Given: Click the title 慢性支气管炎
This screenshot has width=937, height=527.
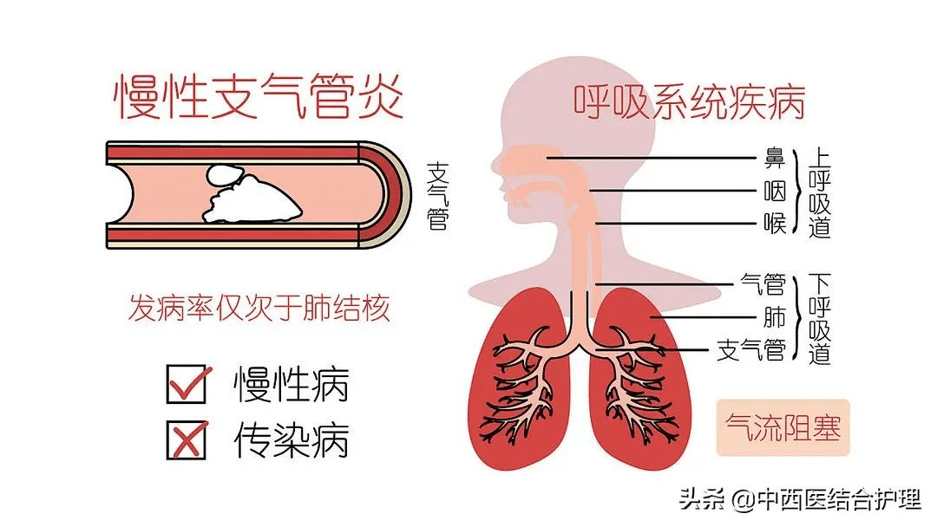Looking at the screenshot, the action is pos(259,97).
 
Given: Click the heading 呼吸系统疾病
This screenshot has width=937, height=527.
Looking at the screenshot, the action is pos(690,102).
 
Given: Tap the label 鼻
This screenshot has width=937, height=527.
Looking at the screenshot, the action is pos(775,158).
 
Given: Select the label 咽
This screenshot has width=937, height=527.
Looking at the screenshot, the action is pos(775,192).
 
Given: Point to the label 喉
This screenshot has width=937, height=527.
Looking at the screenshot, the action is pos(775,224).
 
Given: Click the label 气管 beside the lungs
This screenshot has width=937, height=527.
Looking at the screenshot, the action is pos(763,284).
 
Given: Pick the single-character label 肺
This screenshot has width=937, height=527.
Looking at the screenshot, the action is pos(775,317).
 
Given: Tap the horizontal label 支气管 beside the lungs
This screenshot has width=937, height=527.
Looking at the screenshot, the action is pos(751,350).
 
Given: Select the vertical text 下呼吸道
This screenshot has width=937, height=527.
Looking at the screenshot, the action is pos(820,318).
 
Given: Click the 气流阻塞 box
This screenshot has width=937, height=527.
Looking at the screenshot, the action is pos(783,428).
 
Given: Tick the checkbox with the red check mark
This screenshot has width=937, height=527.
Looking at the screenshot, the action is pos(187,384).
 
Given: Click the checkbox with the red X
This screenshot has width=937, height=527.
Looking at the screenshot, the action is pos(187,439).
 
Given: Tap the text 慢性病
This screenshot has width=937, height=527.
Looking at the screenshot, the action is pos(291,384).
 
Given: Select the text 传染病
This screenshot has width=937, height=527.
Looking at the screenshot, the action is pos(291,439).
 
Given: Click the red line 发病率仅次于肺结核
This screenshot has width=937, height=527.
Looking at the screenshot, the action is pos(259,308).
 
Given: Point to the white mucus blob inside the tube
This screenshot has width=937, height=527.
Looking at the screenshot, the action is pos(252,194).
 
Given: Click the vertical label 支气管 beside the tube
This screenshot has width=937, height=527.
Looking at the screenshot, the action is pos(438,196).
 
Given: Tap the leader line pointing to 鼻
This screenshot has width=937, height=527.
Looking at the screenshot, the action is pos(652,158).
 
